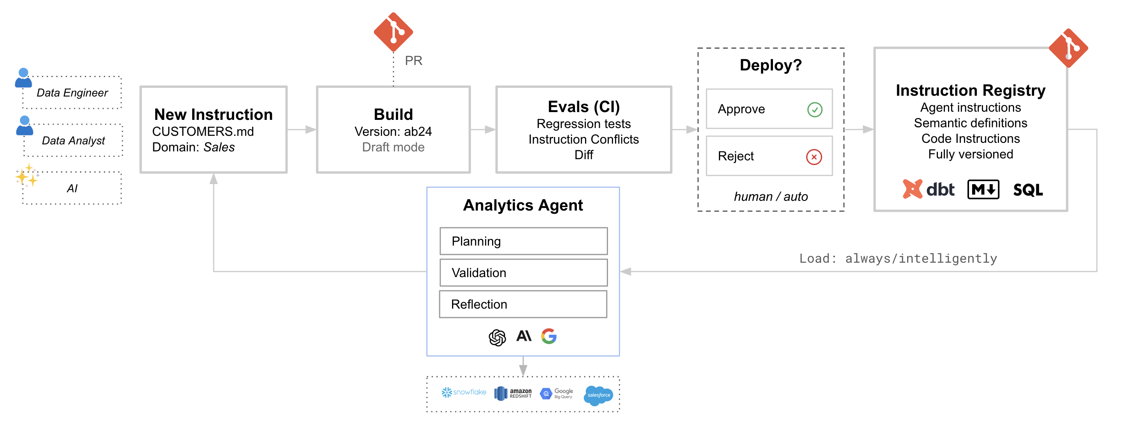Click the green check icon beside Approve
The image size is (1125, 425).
click(815, 109)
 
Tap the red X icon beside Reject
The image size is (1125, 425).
click(814, 157)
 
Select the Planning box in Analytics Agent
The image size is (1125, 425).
click(523, 241)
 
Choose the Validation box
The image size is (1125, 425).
click(523, 272)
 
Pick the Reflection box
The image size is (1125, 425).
click(523, 304)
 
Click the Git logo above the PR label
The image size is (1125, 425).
click(393, 32)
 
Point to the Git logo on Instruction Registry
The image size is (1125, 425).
click(1068, 48)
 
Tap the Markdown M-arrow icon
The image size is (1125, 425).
click(983, 190)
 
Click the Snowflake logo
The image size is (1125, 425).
click(463, 392)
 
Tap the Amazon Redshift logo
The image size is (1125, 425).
click(513, 393)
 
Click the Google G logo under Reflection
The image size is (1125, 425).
click(549, 336)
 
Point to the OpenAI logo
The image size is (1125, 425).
click(497, 337)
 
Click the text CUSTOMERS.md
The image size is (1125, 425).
click(203, 132)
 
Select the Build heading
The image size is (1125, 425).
click(393, 114)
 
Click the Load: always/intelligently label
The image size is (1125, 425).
click(898, 258)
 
